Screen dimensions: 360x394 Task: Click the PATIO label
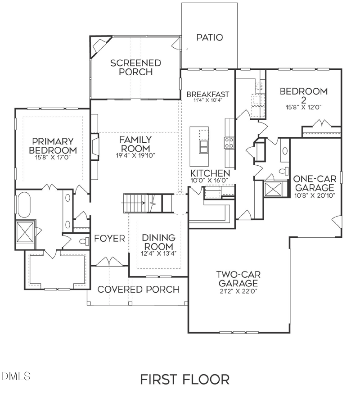[x=210, y=37]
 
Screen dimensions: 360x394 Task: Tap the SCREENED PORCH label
[x=135, y=67]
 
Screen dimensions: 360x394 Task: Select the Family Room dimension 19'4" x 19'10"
[x=135, y=155]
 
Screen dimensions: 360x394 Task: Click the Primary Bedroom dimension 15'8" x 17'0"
[x=53, y=158]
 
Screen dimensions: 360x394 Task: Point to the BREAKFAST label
[x=208, y=94]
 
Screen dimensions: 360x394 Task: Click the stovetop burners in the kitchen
[x=229, y=143]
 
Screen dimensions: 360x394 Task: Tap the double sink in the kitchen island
[x=203, y=147]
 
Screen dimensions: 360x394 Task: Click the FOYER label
[x=109, y=239]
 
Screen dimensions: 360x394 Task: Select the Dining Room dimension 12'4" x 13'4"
[x=159, y=253]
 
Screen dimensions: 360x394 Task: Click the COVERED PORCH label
[x=138, y=290]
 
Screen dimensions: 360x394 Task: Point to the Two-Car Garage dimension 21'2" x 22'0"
[x=238, y=291]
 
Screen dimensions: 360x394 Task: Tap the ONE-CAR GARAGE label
[x=315, y=183]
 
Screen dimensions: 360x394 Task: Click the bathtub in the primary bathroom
[x=23, y=204]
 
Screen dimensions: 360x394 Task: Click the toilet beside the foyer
[x=84, y=242]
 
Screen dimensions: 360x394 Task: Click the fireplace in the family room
[x=95, y=147]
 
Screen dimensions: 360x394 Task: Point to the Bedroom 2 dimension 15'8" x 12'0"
[x=303, y=107]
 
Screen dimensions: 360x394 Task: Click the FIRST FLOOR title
[x=185, y=380]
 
